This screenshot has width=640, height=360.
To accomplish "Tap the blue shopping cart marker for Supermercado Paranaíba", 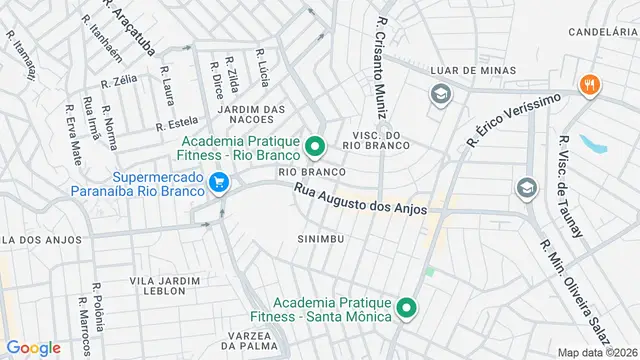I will point(220,182).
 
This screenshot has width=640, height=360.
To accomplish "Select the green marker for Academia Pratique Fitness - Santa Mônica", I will point(406,307).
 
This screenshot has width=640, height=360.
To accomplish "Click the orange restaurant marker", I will point(590,85).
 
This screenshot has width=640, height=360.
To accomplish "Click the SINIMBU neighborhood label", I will point(322,239).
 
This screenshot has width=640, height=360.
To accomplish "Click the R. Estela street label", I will point(177,126).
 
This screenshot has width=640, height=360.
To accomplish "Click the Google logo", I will point(33,347).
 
